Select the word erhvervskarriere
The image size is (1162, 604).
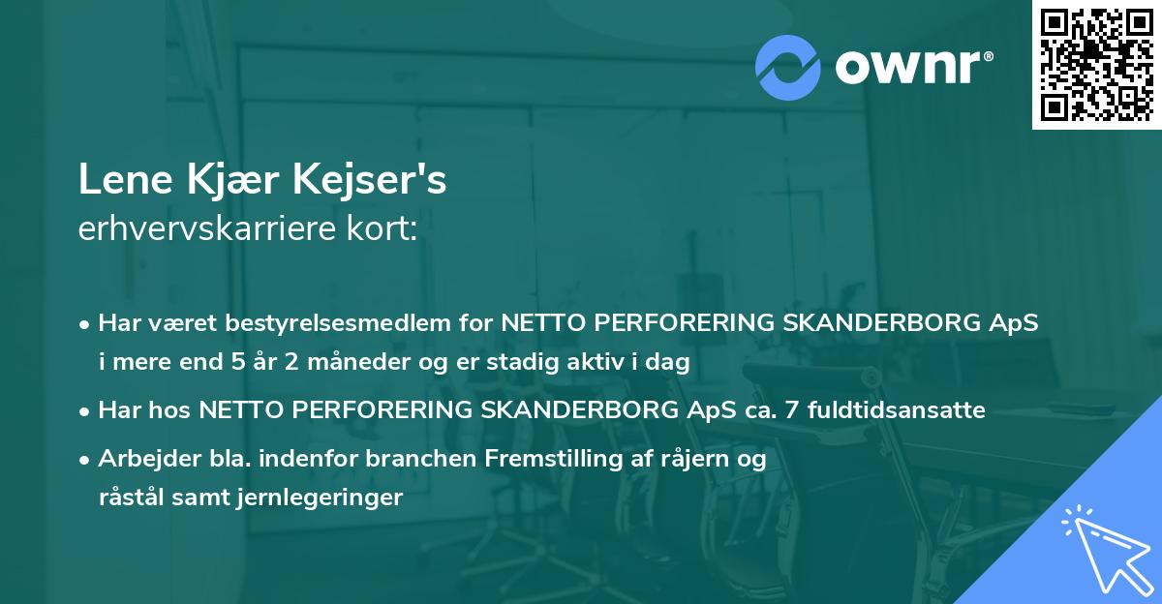[x=193, y=230]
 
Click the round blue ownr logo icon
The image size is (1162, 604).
[x=787, y=67]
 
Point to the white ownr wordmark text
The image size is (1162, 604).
[x=912, y=65]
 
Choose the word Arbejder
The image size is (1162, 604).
[x=139, y=459]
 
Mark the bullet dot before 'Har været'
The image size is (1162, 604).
[x=86, y=324]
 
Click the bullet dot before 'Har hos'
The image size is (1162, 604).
[x=86, y=411]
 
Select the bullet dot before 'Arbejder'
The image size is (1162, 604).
[x=86, y=460]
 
